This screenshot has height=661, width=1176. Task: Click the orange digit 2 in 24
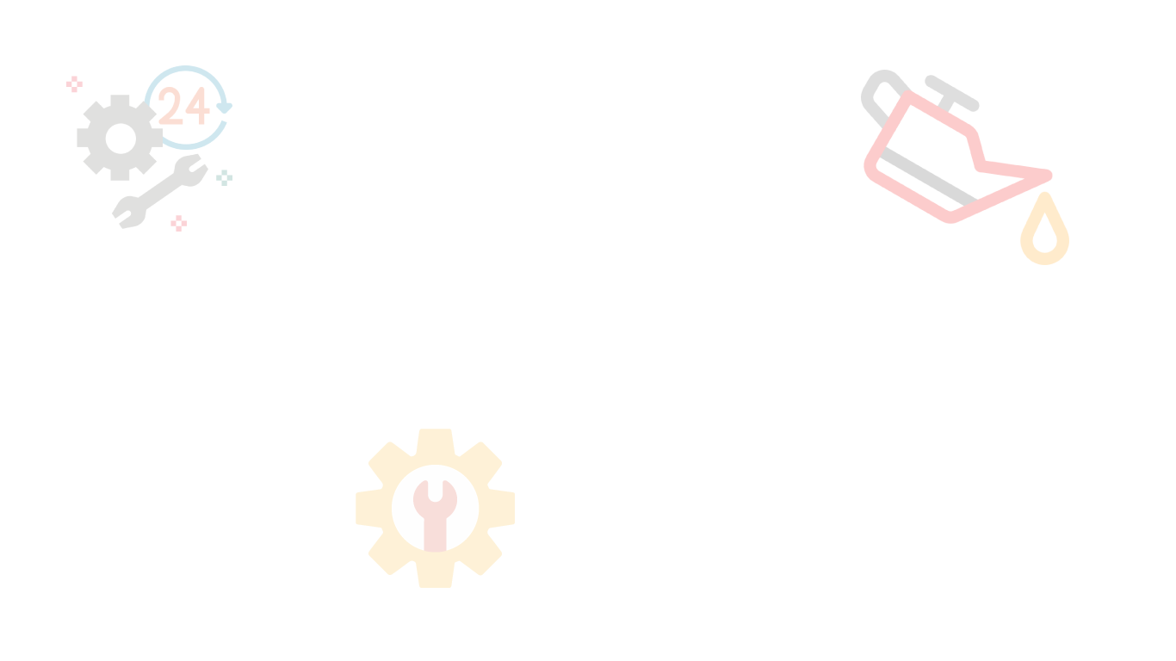170,108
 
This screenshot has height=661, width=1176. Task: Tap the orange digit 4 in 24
197,108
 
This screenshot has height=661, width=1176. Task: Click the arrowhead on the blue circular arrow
224,108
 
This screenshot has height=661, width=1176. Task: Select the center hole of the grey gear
121,138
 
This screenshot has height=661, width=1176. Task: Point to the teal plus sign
225,177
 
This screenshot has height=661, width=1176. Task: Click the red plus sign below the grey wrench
178,224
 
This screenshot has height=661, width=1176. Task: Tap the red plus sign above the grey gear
75,83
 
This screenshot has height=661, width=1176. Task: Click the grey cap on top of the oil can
952,92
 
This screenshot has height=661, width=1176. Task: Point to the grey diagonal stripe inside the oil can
925,180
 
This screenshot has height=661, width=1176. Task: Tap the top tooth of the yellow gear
435,439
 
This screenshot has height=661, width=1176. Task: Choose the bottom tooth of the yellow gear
435,578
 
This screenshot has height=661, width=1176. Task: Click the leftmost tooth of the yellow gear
366,508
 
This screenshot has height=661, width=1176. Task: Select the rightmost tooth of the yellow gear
505,508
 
